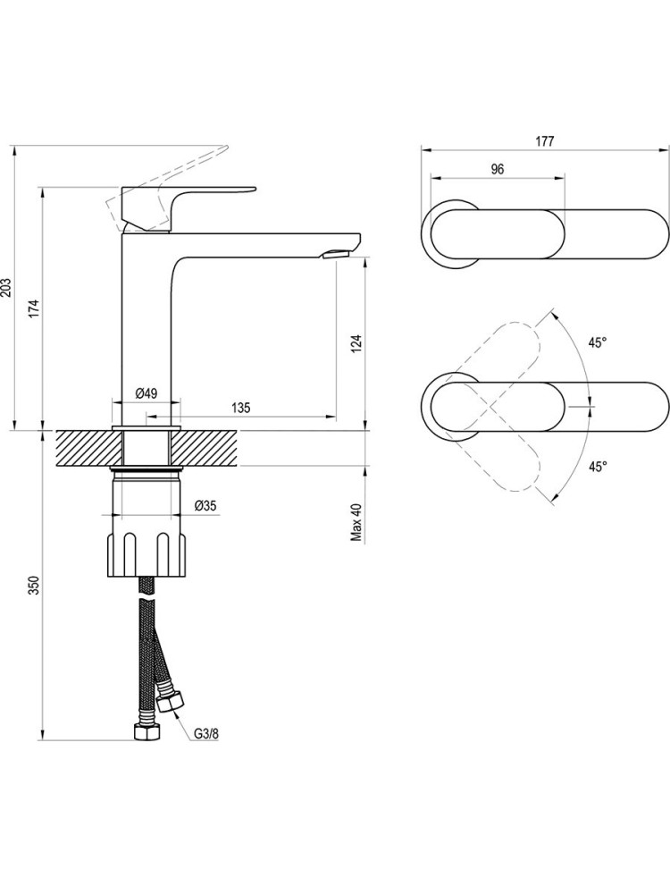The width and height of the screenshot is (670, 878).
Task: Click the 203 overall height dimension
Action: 5,287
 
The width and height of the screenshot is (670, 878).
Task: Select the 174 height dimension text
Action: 35,308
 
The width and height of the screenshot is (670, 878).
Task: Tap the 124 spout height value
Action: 356,344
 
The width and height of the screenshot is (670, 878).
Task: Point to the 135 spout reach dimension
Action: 240,408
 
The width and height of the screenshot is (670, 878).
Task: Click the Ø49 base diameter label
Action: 147,393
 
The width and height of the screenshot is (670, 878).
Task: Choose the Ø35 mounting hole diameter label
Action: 205,506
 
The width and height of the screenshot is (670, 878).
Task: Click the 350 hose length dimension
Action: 35,585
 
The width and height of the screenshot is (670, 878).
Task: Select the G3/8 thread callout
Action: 205,733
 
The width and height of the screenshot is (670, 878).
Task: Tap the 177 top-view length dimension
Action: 545,141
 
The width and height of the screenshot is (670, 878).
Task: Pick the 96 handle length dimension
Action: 498,169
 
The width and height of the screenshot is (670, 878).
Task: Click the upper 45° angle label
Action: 598,342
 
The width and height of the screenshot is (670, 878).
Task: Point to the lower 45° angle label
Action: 598,466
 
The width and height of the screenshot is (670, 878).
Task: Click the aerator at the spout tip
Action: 336,254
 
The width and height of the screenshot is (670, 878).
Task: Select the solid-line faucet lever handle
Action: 188,207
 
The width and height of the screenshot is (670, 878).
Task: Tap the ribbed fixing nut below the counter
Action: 147,554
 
